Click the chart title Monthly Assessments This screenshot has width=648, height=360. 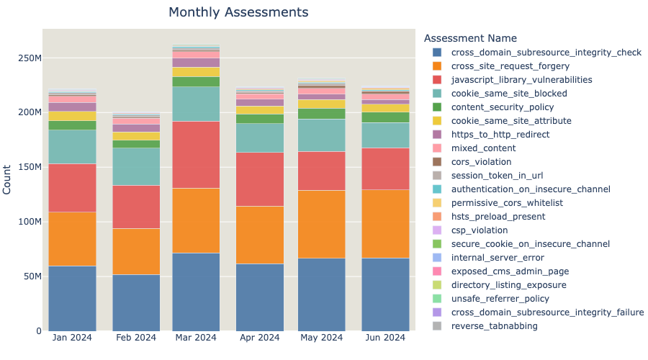[238, 12]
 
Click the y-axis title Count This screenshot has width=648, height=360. [7, 179]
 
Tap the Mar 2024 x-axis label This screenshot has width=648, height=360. [195, 337]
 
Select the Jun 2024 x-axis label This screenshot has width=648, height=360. [385, 337]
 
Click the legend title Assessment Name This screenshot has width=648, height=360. [470, 37]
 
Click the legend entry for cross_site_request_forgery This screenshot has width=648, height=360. [512, 66]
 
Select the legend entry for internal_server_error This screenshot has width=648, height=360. [498, 258]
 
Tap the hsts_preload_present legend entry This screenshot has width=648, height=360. [498, 217]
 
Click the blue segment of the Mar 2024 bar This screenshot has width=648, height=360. [195, 292]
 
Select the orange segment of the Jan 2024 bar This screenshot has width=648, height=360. [72, 239]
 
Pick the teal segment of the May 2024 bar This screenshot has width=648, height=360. [322, 135]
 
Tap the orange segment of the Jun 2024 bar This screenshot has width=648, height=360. [385, 224]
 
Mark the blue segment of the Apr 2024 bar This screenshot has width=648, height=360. [258, 297]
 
